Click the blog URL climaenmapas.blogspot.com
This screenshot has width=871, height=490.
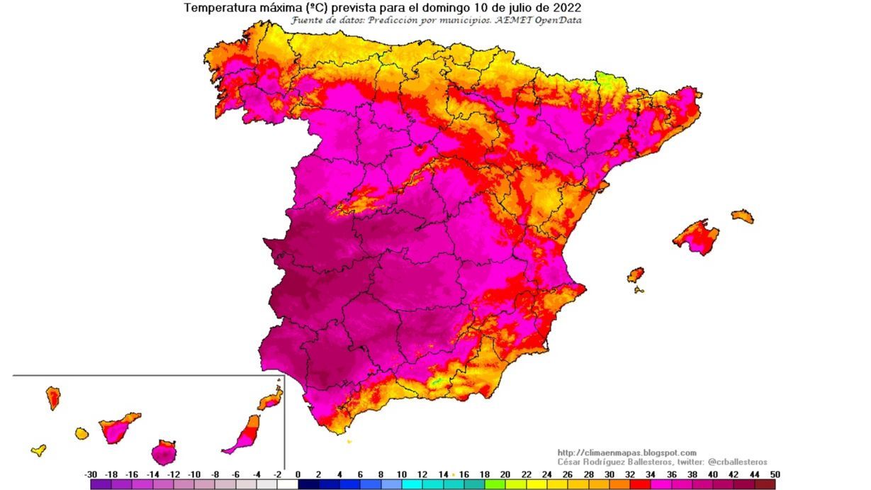(x=626, y=452)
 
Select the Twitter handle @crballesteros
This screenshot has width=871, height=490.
(x=737, y=462)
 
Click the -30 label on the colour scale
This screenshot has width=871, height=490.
(x=91, y=474)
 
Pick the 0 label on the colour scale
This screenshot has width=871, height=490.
(x=298, y=474)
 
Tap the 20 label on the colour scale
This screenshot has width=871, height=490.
(x=505, y=474)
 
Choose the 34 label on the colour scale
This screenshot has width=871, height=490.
(x=649, y=474)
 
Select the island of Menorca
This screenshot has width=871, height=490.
(x=743, y=216)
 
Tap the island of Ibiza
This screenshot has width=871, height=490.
(x=636, y=274)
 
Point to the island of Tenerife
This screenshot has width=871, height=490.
(x=118, y=427)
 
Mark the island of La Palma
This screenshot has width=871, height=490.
(x=53, y=397)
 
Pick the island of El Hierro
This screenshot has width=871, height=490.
(x=39, y=450)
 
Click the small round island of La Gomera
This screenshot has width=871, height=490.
(x=82, y=433)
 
